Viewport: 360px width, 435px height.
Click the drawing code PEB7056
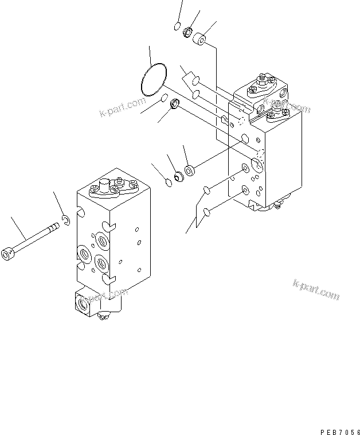point(338,417)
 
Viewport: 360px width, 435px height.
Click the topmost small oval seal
point(177,25)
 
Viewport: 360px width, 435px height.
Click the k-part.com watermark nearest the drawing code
point(316,289)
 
